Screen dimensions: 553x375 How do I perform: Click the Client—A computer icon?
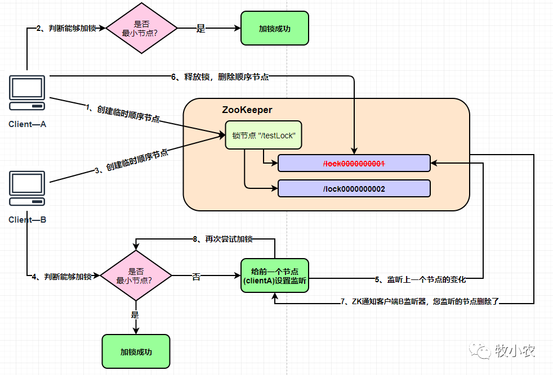(x=27, y=93)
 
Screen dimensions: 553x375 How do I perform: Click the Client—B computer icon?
(x=27, y=188)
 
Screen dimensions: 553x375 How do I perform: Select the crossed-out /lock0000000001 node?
(x=354, y=164)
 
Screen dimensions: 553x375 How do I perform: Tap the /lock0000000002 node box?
(x=354, y=189)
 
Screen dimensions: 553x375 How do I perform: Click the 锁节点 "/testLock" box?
(x=264, y=135)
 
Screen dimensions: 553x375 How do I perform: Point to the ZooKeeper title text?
(x=247, y=110)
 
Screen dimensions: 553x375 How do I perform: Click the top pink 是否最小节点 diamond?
(x=141, y=28)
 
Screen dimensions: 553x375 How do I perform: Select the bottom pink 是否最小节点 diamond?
(x=136, y=275)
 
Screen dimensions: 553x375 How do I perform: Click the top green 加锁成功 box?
(x=275, y=28)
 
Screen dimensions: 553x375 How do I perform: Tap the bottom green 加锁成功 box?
(x=136, y=352)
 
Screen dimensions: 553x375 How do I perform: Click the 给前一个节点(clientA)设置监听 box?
(x=275, y=275)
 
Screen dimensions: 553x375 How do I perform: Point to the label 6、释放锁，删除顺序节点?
(x=220, y=77)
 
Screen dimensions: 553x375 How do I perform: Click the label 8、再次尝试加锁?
(x=223, y=240)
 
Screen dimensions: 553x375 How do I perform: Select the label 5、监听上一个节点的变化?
(x=421, y=280)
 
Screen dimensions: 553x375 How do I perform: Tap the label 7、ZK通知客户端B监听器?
(x=420, y=301)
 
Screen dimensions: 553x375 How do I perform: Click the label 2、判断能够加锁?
(x=66, y=28)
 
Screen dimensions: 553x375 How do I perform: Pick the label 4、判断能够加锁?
(x=62, y=277)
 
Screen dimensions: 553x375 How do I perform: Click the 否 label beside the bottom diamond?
(x=196, y=277)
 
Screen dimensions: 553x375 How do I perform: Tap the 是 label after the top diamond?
(x=200, y=29)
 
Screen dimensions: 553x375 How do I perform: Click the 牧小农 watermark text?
(x=515, y=351)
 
